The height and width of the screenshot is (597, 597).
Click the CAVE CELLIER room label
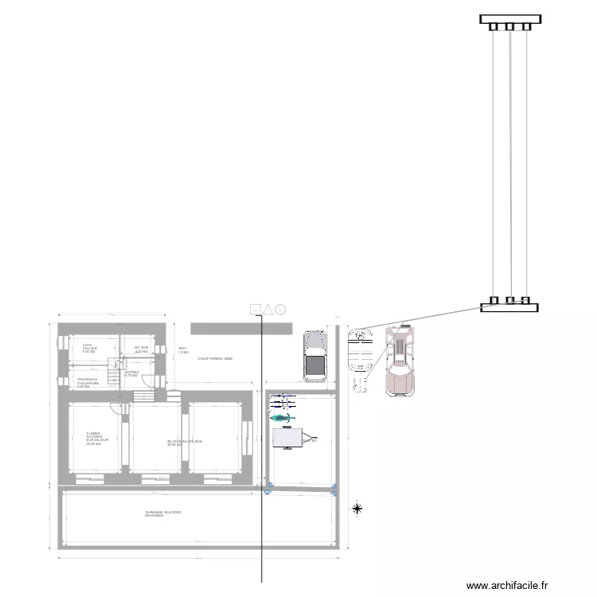tap(89, 349)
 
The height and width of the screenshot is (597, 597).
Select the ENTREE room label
tap(131, 373)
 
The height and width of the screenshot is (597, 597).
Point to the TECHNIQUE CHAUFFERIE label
tap(88, 382)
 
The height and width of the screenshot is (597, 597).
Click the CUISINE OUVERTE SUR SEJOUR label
tap(98, 439)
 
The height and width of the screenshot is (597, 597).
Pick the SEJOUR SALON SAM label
tap(184, 443)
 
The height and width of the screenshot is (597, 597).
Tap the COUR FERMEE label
tap(214, 359)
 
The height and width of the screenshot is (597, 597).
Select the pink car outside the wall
tap(399, 362)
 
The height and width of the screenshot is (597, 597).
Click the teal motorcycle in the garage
tap(281, 417)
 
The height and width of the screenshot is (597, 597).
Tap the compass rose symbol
tap(357, 508)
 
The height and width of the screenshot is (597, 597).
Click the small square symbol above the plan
tap(255, 309)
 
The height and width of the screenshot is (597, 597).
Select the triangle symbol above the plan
tap(268, 309)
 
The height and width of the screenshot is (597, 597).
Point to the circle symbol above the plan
tap(281, 309)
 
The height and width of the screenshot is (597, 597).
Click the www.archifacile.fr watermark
tap(507, 585)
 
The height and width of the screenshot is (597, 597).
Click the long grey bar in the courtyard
tap(241, 328)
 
